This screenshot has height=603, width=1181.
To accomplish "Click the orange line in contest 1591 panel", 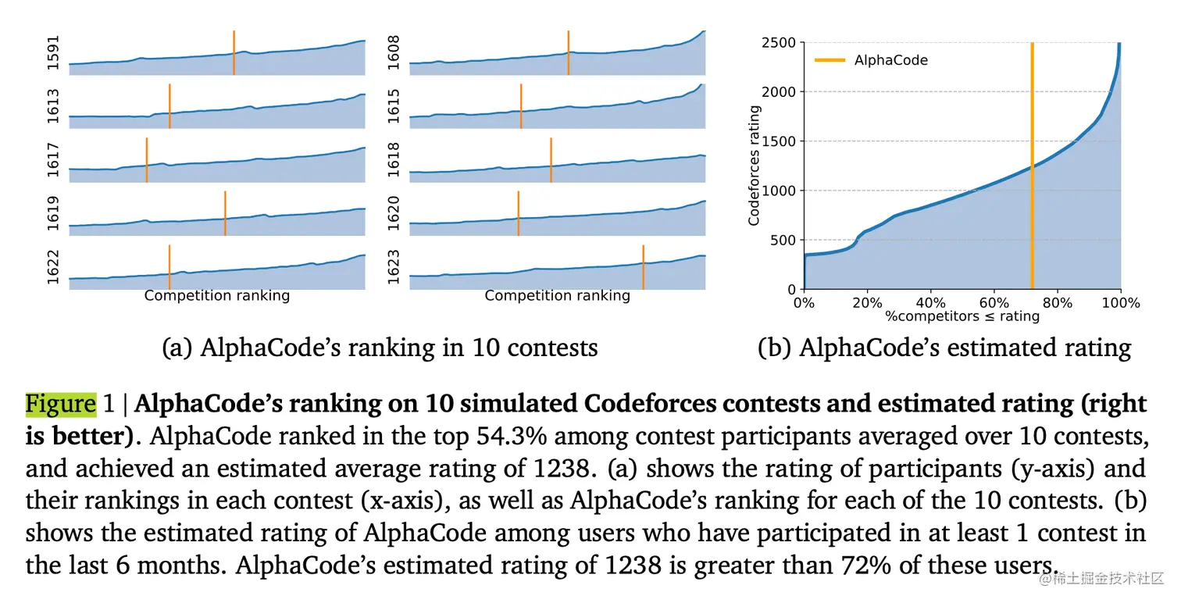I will pyautogui.click(x=234, y=52).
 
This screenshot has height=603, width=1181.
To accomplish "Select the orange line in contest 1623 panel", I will pyautogui.click(x=643, y=267).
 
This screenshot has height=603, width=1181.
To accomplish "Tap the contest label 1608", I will pyautogui.click(x=394, y=53).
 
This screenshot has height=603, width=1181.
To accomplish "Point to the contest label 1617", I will pyautogui.click(x=54, y=159).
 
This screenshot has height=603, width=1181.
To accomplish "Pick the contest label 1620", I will pyautogui.click(x=394, y=213).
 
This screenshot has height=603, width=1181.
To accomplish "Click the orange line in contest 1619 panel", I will pyautogui.click(x=225, y=213).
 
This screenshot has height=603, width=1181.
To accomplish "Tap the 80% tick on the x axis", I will pyautogui.click(x=1058, y=303).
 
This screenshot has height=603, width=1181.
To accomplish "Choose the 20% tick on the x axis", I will pyautogui.click(x=867, y=303).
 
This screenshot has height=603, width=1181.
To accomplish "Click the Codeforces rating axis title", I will pyautogui.click(x=755, y=166).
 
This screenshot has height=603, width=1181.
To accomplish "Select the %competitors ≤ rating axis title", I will pyautogui.click(x=962, y=316).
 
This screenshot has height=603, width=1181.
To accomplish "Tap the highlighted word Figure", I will pyautogui.click(x=61, y=404).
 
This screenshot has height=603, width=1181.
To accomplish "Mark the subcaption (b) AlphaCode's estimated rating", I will pyautogui.click(x=944, y=348).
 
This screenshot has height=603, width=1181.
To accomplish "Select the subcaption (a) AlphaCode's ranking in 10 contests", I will pyautogui.click(x=380, y=348).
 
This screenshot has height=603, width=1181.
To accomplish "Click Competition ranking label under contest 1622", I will pyautogui.click(x=216, y=296).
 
